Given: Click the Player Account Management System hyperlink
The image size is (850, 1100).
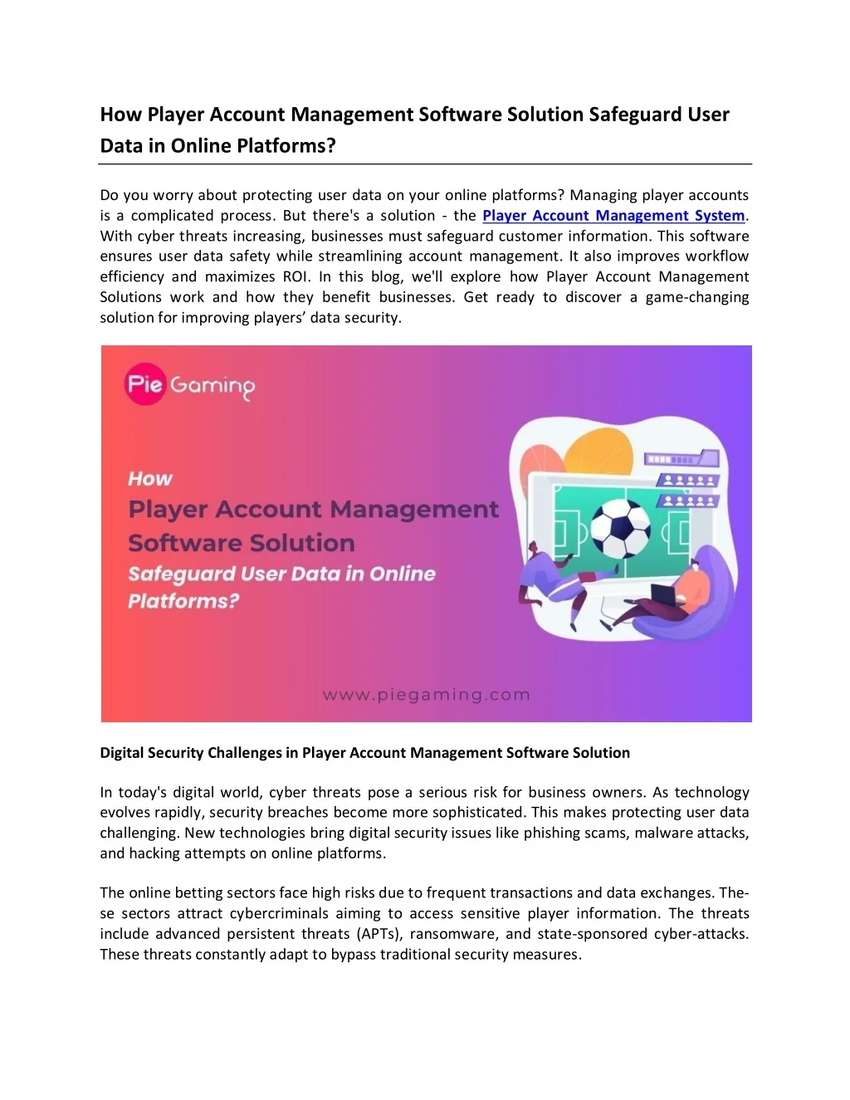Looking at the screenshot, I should tap(613, 216).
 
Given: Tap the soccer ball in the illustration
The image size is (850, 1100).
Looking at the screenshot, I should tap(621, 528).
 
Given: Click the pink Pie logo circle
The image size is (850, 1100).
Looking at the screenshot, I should tap(145, 385).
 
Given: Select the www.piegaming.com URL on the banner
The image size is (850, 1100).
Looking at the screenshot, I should tap(426, 695).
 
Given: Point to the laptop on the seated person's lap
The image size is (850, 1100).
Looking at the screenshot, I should tap(663, 594).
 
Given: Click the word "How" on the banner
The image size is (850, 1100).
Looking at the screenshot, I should tap(150, 479).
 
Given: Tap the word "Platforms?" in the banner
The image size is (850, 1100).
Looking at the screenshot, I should tap(183, 601).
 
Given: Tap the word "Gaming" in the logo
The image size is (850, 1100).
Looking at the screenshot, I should tap(212, 386).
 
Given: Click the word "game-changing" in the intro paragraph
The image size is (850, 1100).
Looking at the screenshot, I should tap(697, 297).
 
